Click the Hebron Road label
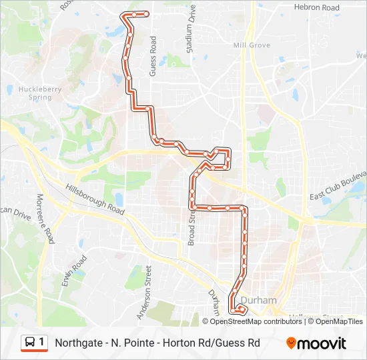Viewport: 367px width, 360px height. click(x=316, y=7)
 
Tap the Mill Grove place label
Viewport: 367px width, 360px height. click(x=251, y=45)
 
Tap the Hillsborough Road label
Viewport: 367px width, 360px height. click(x=95, y=199)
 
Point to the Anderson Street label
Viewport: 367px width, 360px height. click(x=143, y=294)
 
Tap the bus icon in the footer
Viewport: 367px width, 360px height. click(x=30, y=343)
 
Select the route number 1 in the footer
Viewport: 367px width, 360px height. click(x=42, y=343)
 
